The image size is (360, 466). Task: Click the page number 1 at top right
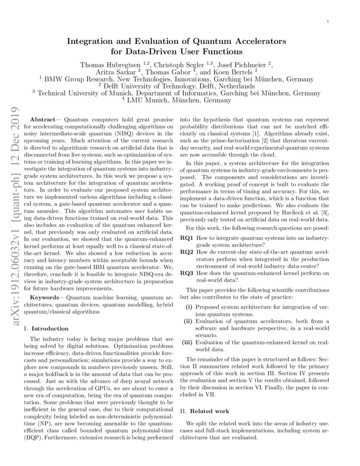[329, 21]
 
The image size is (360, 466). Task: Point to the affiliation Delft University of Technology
[180, 86]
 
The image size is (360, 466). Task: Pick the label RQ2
[186, 252]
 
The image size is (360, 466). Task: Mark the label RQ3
[186, 273]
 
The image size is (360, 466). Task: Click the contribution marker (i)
[190, 307]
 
